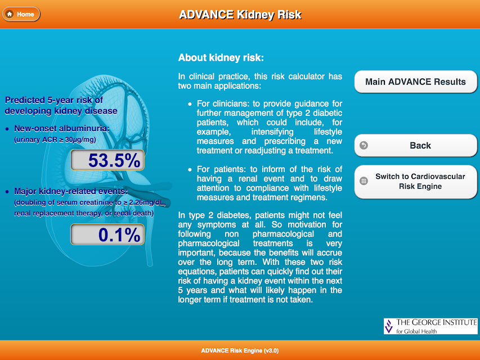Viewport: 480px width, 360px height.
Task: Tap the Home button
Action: (21, 14)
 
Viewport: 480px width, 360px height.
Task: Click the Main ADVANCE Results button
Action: (415, 82)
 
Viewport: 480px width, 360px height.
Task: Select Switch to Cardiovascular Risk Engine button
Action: (415, 182)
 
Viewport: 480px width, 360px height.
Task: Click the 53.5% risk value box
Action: (107, 160)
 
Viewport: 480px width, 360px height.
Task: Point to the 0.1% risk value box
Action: (107, 235)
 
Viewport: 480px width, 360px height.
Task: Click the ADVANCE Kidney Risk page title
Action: (240, 15)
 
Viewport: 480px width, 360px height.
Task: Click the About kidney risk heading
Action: (221, 57)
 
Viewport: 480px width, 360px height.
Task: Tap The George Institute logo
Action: (430, 326)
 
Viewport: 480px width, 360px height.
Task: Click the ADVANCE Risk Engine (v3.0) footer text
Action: (240, 350)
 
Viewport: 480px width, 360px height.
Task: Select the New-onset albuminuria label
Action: (62, 128)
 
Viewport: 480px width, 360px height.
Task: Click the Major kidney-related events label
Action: (71, 191)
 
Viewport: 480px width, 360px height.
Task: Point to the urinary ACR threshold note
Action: (55, 140)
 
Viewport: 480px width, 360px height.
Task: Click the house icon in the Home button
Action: (10, 14)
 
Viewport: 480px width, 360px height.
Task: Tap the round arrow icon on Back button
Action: (364, 146)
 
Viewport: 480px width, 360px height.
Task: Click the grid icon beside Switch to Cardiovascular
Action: (364, 181)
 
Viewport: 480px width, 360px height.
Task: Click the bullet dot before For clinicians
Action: (190, 104)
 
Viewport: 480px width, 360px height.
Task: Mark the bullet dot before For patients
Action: (190, 169)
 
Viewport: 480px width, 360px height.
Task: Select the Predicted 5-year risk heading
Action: (61, 105)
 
